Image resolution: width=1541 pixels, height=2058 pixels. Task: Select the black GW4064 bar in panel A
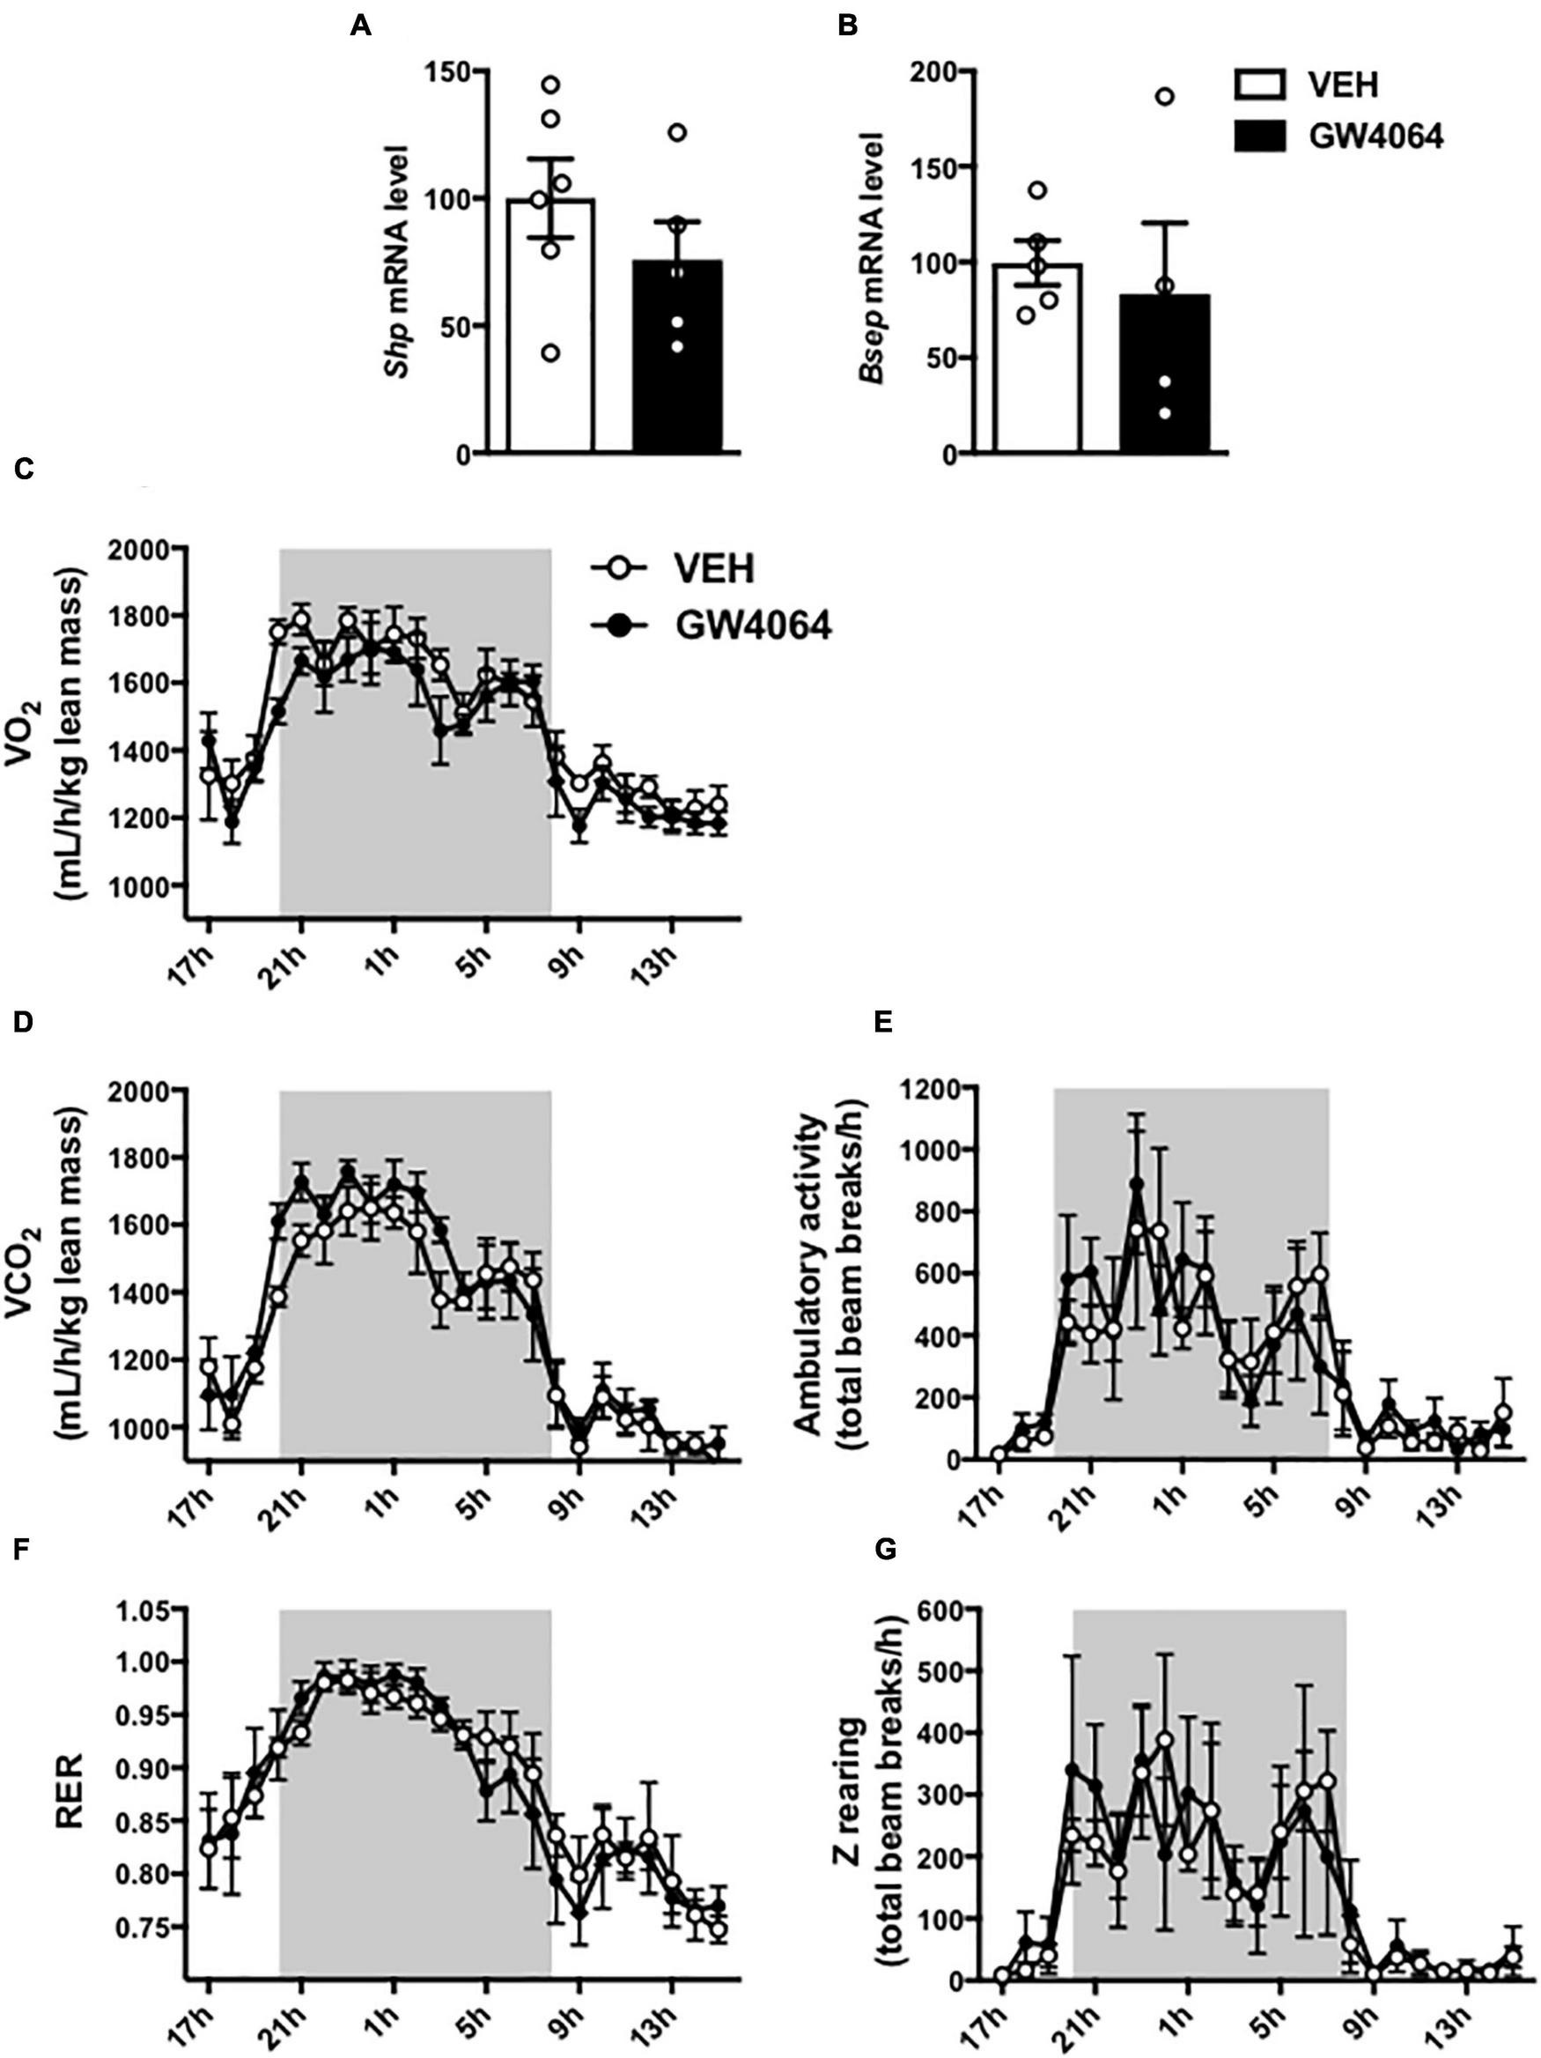[677, 372]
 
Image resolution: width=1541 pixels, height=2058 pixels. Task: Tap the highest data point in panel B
[1164, 97]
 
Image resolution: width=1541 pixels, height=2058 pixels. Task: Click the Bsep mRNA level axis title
[872, 262]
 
